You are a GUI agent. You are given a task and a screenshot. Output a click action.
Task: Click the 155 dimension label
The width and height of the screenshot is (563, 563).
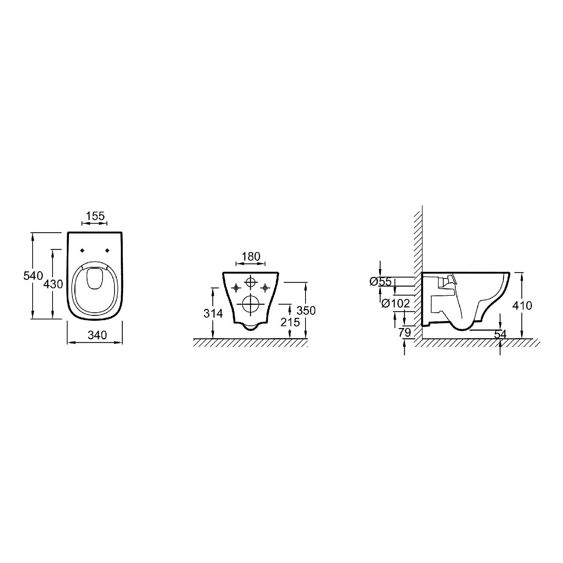(x=95, y=216)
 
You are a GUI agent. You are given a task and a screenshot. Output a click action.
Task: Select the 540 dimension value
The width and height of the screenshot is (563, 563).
(x=33, y=275)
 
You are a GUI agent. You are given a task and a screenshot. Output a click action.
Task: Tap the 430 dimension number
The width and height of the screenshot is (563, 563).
(x=53, y=284)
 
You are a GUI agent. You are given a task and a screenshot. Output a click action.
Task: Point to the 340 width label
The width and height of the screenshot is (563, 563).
(x=97, y=335)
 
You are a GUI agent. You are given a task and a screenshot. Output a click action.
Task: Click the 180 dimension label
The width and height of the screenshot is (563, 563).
(x=251, y=257)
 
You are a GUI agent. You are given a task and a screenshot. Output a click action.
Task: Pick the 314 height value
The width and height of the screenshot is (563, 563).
(x=213, y=313)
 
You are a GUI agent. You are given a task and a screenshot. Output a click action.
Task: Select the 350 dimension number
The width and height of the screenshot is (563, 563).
(x=306, y=310)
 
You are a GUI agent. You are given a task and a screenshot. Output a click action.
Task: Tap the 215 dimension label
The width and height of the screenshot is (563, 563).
(x=291, y=322)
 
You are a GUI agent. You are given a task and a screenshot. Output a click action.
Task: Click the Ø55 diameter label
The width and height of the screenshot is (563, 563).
(x=380, y=281)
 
